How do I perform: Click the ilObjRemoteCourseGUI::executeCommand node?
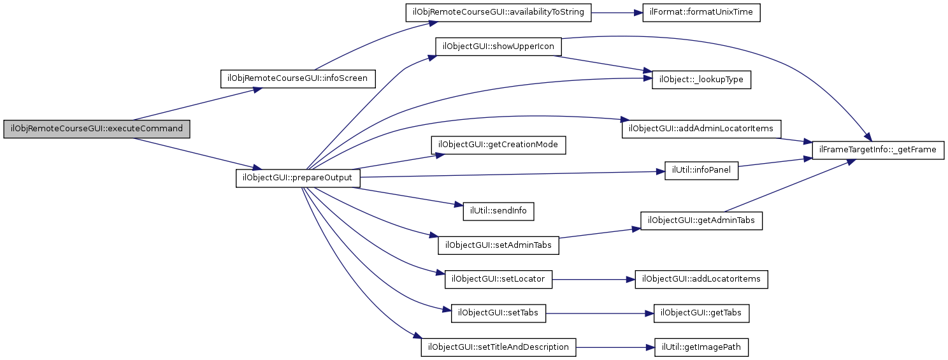click(97, 129)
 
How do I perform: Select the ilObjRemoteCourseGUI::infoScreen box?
click(298, 79)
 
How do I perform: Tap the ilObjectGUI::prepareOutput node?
click(298, 178)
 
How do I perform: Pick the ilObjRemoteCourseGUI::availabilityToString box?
click(499, 13)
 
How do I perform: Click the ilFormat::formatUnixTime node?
click(701, 13)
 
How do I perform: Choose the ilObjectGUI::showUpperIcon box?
click(499, 47)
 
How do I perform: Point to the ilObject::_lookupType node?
click(701, 80)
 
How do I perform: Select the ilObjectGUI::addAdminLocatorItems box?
click(701, 129)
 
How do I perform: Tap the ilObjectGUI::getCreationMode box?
click(499, 145)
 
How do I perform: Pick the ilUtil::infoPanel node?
click(701, 171)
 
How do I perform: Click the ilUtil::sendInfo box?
click(499, 210)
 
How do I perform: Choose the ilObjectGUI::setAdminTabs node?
click(499, 244)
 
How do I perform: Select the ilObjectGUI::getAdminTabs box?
click(701, 221)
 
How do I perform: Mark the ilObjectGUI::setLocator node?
click(499, 278)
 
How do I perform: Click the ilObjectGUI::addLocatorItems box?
click(701, 279)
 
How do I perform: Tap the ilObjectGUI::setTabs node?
click(499, 313)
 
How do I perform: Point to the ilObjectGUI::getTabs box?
click(701, 313)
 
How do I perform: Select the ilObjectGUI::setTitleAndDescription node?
click(499, 347)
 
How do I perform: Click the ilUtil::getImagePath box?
click(701, 347)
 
